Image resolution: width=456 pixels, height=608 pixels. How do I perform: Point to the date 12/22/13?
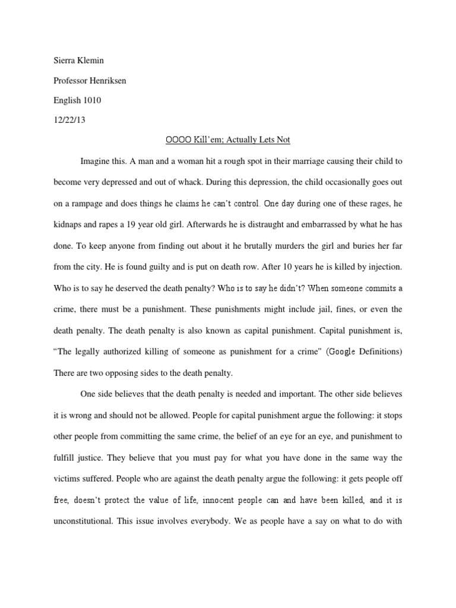(x=69, y=120)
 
